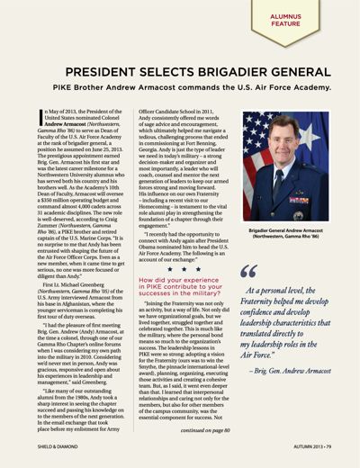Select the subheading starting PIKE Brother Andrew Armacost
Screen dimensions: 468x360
180,92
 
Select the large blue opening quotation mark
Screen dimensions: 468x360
249,272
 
